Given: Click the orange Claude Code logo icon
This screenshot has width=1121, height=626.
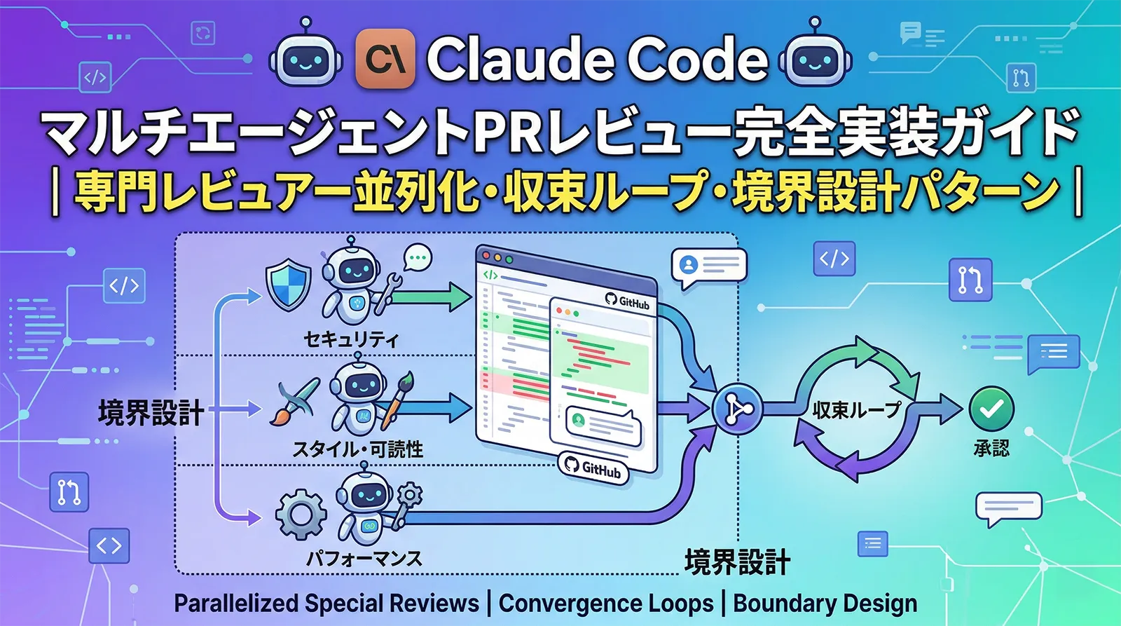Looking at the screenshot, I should click(x=385, y=59).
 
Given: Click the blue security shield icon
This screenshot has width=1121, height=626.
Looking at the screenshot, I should click(x=289, y=285).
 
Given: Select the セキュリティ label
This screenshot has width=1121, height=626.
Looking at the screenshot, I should click(x=351, y=340).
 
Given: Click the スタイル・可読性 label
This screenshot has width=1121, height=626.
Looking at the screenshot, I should click(x=357, y=449).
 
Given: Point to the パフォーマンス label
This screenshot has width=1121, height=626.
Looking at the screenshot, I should click(x=364, y=559).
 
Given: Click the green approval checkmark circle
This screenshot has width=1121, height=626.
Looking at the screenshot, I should click(x=991, y=409).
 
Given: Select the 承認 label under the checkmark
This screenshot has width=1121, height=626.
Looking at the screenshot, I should click(x=991, y=448).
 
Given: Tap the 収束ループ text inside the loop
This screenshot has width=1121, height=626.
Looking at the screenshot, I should click(x=856, y=409).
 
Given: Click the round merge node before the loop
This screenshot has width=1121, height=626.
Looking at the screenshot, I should click(x=736, y=409).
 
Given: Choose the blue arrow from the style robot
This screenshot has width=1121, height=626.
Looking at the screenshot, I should click(x=438, y=407).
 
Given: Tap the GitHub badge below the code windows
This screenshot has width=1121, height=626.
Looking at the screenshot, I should click(x=593, y=468).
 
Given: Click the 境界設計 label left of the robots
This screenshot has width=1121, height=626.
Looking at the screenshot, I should click(x=151, y=412).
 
